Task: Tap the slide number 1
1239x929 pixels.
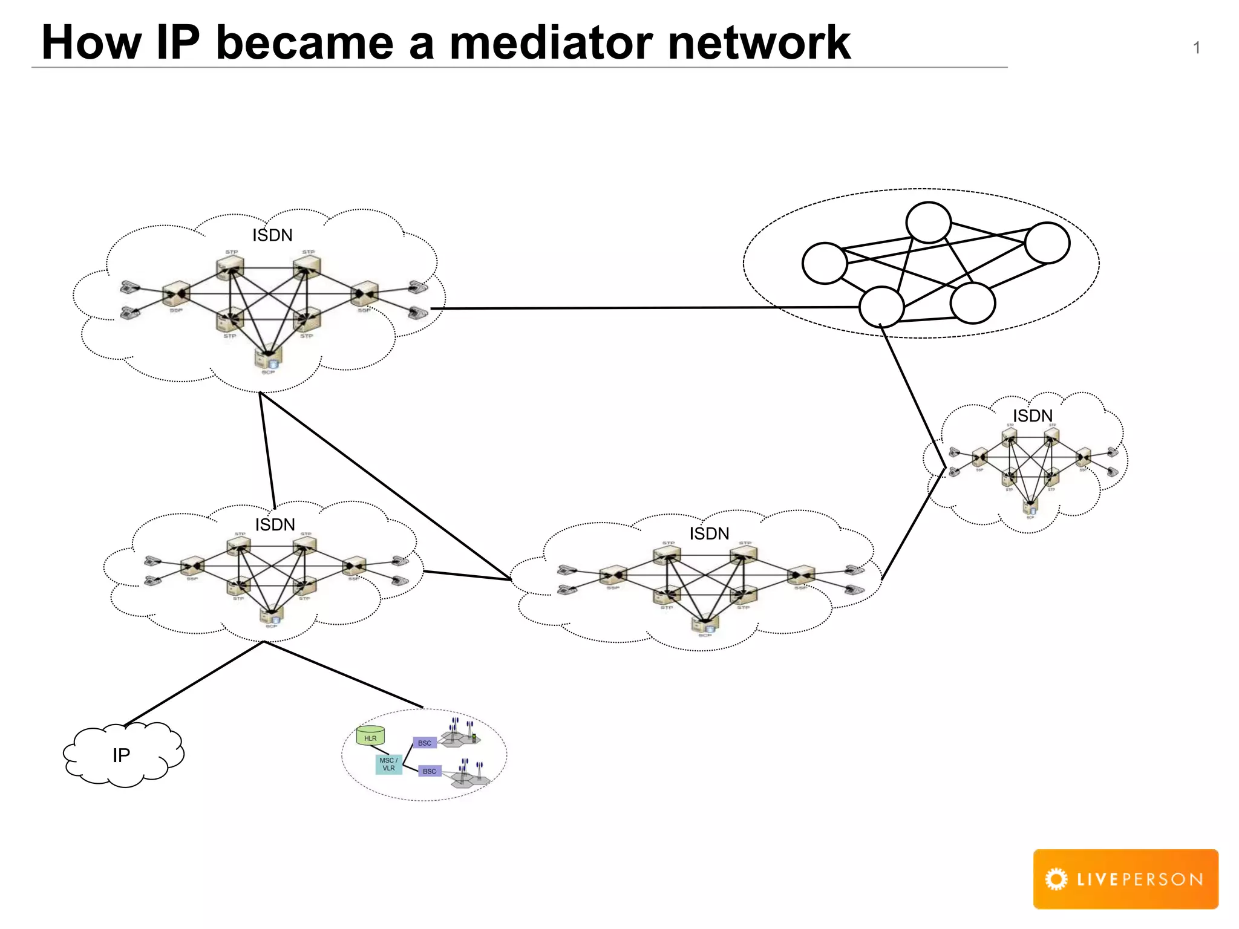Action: tap(1196, 48)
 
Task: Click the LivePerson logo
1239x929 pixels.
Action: tap(1125, 879)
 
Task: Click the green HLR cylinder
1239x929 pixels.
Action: tap(370, 735)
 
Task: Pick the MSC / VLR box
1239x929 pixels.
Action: tap(388, 764)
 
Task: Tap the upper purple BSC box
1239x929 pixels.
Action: tap(425, 743)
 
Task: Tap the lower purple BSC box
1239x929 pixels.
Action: tap(430, 771)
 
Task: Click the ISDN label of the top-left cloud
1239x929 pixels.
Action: tap(272, 235)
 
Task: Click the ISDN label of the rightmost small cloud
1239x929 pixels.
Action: tap(1033, 416)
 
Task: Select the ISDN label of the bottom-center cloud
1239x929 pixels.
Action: tap(709, 533)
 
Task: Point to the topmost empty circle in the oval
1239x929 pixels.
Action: tap(928, 223)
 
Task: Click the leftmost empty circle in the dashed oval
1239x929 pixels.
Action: tap(824, 263)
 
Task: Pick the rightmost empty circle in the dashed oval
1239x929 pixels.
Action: tap(1047, 243)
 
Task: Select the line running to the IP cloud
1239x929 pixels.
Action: tap(194, 683)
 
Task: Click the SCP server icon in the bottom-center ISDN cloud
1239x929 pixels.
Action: tap(705, 624)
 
